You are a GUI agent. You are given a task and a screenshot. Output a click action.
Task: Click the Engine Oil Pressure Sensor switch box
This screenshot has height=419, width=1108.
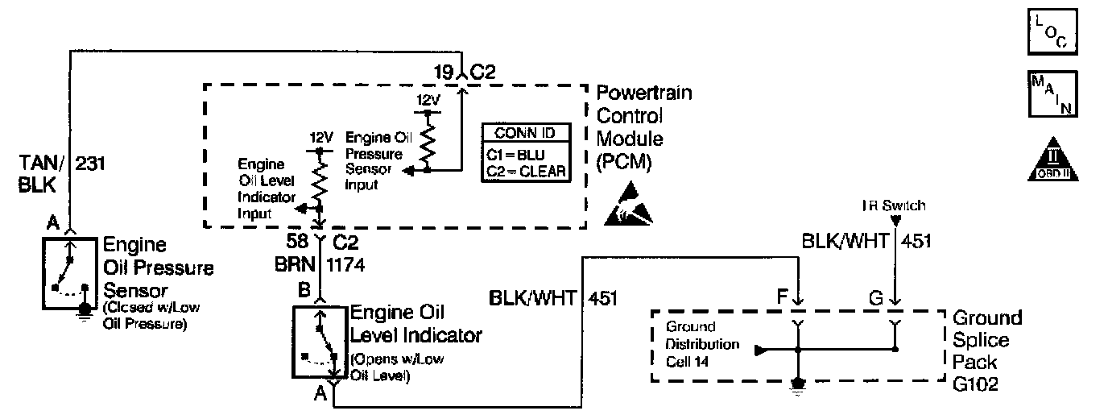(x=67, y=273)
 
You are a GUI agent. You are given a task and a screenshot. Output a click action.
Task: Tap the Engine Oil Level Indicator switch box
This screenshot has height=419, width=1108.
(x=320, y=342)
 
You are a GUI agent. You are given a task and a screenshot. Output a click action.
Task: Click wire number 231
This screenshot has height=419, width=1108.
(x=90, y=165)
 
